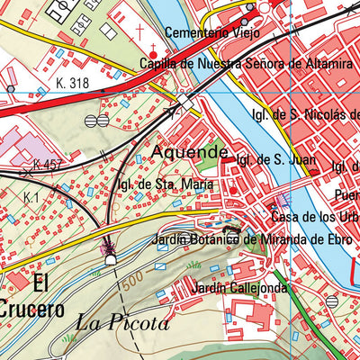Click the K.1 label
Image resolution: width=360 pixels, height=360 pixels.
coord(32,196)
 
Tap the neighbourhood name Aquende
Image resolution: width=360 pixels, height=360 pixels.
coord(189,152)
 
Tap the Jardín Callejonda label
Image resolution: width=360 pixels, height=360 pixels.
coord(240,288)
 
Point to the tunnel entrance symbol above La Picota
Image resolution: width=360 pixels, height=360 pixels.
coord(111,259)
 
